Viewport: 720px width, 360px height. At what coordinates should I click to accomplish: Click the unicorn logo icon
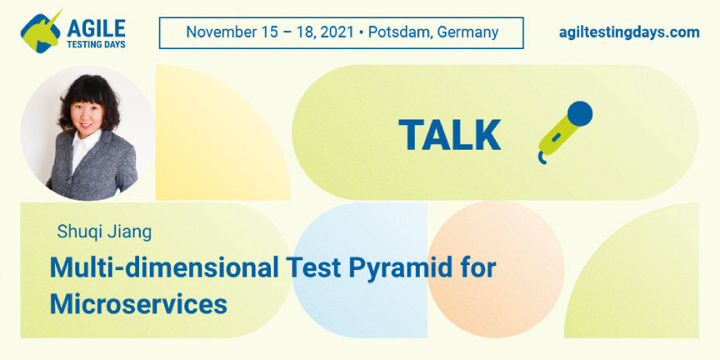[x=40, y=31]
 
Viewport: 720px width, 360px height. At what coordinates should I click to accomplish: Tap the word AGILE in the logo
[x=96, y=29]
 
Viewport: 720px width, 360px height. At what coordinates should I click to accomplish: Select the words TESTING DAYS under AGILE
[x=97, y=44]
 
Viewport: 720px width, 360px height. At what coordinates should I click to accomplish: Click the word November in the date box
[x=215, y=32]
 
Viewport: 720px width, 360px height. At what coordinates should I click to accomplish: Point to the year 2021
[x=336, y=32]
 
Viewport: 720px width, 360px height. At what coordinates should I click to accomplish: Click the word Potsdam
[x=400, y=32]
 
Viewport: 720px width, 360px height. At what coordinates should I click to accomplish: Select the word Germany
[x=468, y=33]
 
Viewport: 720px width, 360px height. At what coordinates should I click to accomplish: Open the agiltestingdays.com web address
[x=629, y=33]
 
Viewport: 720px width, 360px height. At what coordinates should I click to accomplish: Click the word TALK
[x=449, y=135]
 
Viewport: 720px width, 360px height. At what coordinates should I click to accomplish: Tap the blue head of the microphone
[x=579, y=114]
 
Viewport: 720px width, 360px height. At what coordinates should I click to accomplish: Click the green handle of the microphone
[x=556, y=136]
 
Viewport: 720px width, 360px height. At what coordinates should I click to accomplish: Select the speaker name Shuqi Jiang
[x=104, y=232]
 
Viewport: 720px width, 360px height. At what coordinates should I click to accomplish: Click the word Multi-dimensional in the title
[x=164, y=268]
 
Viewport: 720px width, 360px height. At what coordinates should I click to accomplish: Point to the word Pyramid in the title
[x=399, y=268]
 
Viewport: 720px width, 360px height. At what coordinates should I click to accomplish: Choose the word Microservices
[x=138, y=304]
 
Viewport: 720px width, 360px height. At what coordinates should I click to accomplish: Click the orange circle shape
[x=496, y=269]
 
